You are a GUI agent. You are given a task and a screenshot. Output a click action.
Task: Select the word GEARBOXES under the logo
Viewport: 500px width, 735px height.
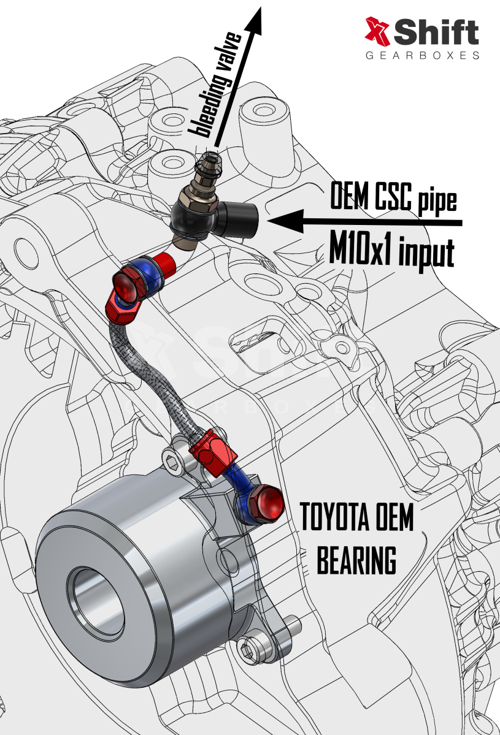[422, 55]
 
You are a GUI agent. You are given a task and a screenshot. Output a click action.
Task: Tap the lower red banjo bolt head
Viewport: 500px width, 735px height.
[268, 503]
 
